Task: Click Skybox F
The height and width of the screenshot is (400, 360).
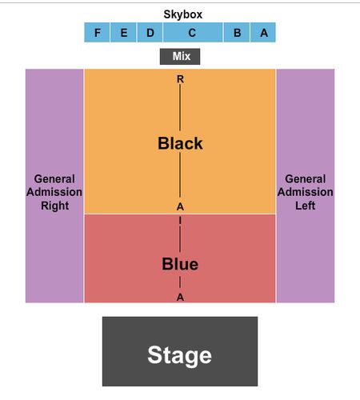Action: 97,33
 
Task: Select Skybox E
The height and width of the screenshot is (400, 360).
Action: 123,33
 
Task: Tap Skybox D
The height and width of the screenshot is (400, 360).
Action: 150,33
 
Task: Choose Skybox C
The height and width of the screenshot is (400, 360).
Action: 193,33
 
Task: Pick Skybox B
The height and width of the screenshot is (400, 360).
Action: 237,33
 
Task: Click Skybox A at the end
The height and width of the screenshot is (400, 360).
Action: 263,33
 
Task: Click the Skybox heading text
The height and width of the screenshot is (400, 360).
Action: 183,14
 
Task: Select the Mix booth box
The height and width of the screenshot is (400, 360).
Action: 180,57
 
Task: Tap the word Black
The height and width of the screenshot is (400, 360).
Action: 180,143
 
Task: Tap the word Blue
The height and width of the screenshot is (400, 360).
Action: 180,264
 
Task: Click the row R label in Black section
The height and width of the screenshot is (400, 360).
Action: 180,79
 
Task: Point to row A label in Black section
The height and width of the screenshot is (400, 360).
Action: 180,206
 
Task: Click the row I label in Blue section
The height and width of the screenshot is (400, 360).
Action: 180,221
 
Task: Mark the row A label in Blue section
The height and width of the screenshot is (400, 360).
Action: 180,298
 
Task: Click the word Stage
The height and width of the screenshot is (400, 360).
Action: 180,355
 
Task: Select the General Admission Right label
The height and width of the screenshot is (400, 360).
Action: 54,192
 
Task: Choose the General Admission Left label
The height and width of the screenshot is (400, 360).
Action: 306,192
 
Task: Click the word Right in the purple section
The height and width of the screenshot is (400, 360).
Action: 55,206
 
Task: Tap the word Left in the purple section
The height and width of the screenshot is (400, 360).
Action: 306,206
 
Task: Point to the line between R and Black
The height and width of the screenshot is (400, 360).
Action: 180,107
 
